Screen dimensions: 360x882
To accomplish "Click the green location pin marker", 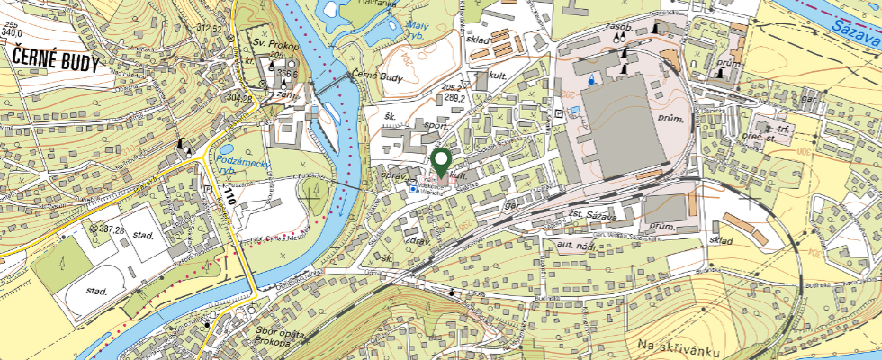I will point(441,162).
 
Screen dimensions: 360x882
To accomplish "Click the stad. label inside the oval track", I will point(96,292).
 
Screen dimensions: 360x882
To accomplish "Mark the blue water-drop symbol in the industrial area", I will point(590,79).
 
